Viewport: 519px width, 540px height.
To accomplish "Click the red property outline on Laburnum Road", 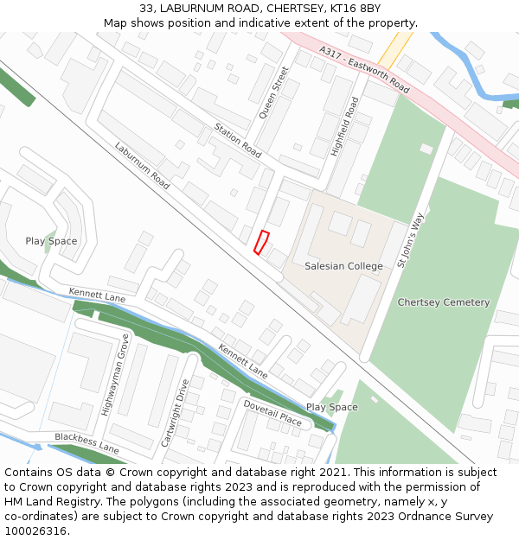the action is pyautogui.click(x=261, y=242).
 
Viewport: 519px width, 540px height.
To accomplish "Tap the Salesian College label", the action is pyautogui.click(x=343, y=266).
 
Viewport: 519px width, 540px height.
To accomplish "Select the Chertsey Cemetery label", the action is pyautogui.click(x=443, y=302).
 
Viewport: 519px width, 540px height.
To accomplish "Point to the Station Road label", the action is pyautogui.click(x=237, y=140).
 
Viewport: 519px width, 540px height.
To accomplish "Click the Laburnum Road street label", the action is pyautogui.click(x=142, y=165).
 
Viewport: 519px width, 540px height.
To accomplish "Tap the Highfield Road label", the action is pyautogui.click(x=344, y=126).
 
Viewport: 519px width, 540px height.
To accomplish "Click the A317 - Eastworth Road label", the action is pyautogui.click(x=364, y=70).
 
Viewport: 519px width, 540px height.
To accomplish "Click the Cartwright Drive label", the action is pyautogui.click(x=174, y=412).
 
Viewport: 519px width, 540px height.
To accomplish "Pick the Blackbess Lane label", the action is pyautogui.click(x=86, y=442).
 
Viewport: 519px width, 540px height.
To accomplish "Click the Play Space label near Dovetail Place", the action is pyautogui.click(x=331, y=407).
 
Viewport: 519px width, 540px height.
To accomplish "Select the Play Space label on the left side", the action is pyautogui.click(x=51, y=241).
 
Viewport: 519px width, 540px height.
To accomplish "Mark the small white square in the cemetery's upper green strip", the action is pyautogui.click(x=426, y=149).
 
